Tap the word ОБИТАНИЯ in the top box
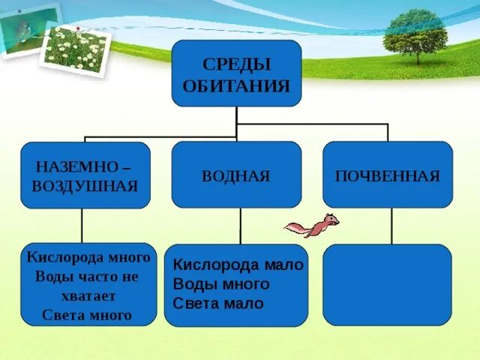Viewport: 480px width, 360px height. point(236,85)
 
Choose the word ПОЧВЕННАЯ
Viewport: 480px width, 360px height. point(387,176)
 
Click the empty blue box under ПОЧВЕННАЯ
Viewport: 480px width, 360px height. point(387,284)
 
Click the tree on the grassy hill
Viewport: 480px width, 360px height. point(414,34)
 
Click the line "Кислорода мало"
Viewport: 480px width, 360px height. point(238,265)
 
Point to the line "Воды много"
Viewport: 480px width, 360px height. point(220,284)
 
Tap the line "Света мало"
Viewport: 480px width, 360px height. point(218,304)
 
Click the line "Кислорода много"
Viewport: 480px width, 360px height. point(88,257)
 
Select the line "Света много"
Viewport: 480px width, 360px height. point(86,316)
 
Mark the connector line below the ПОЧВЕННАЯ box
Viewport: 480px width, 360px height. point(391,225)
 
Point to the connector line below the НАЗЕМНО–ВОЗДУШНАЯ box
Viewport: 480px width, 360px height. point(82,225)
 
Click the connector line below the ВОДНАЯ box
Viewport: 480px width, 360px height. point(240,225)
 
